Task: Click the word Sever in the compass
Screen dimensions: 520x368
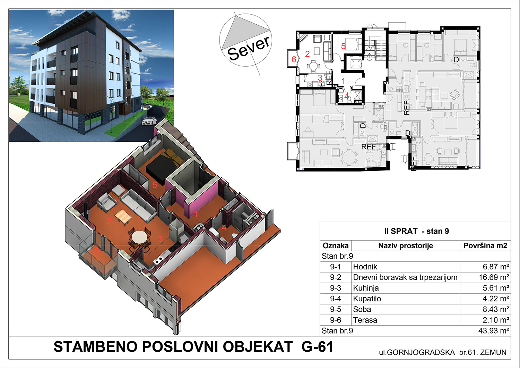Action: click(248, 48)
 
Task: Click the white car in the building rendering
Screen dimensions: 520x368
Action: click(149, 121)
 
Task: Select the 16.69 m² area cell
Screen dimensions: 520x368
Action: click(494, 277)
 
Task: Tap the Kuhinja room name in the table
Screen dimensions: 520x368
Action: click(366, 288)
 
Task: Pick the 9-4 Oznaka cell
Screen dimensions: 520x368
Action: click(336, 299)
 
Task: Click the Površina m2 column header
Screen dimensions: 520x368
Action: click(485, 246)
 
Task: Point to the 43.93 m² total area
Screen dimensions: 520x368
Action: click(494, 331)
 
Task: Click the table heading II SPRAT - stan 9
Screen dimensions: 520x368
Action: click(416, 231)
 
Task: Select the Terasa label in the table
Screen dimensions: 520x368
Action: click(365, 320)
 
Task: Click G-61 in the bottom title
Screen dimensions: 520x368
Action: click(317, 347)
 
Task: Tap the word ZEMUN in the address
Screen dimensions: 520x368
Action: click(493, 352)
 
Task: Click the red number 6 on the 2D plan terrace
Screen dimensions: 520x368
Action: click(294, 59)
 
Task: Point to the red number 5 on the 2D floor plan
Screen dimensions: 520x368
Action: click(343, 46)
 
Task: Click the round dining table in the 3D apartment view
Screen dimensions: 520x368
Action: click(139, 237)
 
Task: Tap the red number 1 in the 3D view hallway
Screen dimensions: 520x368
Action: click(196, 214)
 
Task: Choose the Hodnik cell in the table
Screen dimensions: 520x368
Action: click(365, 267)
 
